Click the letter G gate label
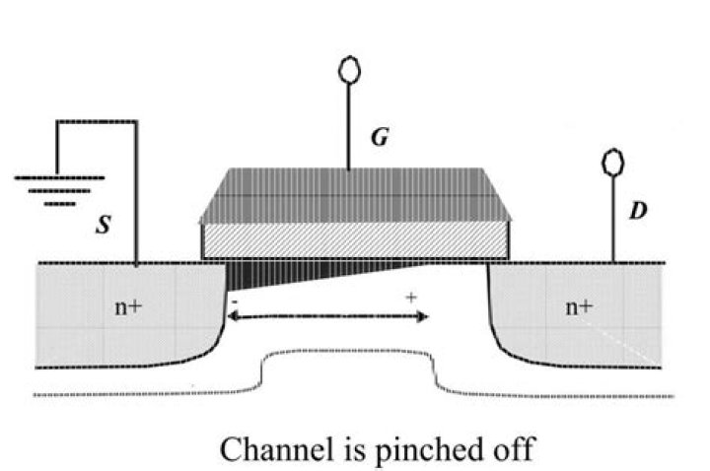point(378,139)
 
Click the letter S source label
point(103,226)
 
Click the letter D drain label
point(637,211)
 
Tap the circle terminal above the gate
point(347,69)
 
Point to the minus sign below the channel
point(234,297)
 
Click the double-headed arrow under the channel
point(327,316)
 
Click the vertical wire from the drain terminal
point(612,217)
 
